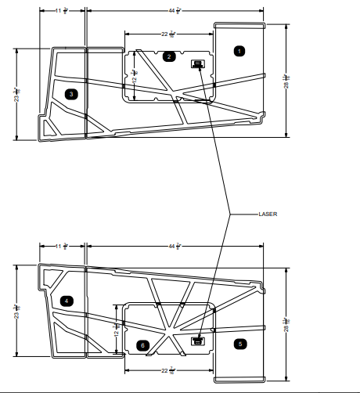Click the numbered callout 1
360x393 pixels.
(239, 50)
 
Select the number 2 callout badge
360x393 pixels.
(169, 56)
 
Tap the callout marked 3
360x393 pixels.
(72, 94)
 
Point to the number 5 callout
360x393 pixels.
(239, 342)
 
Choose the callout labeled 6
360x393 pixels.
(142, 344)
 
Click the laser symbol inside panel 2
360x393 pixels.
(197, 63)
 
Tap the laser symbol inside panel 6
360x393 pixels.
(198, 340)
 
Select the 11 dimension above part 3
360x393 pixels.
(62, 11)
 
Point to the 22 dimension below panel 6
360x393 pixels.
(167, 370)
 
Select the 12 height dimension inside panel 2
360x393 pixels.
(135, 75)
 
